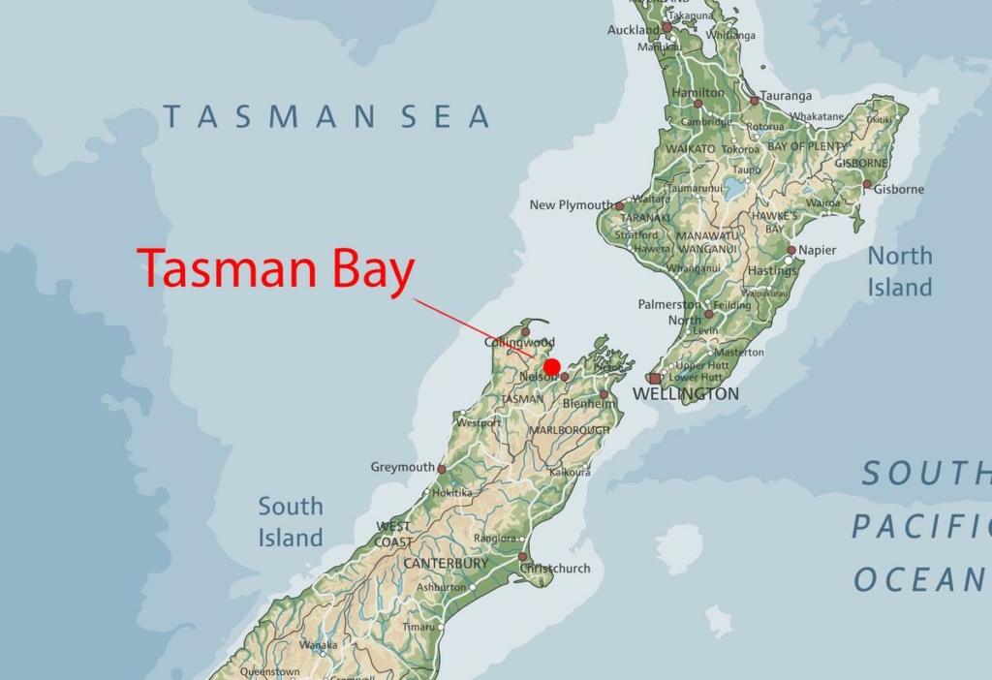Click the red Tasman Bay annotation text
click(276, 270)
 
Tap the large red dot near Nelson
click(552, 367)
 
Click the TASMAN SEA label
click(326, 117)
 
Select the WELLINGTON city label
click(685, 394)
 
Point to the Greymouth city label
click(403, 467)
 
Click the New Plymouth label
click(572, 205)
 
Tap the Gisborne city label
click(899, 189)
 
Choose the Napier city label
click(818, 250)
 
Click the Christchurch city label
click(558, 569)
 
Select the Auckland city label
click(634, 30)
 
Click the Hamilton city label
click(697, 93)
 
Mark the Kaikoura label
click(570, 473)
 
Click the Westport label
click(480, 423)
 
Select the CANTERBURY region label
click(446, 563)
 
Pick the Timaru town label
click(418, 627)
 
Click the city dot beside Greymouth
click(442, 469)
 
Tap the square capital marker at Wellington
click(656, 379)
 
